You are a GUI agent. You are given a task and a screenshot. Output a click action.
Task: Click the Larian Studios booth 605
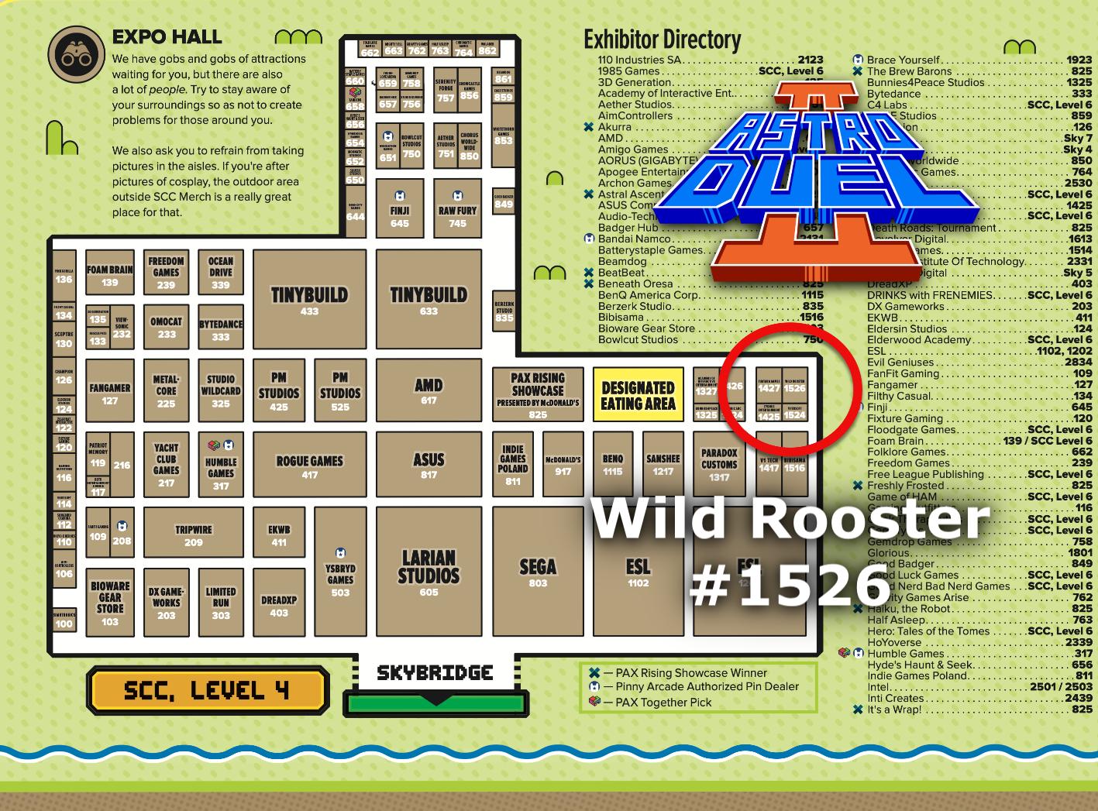[429, 572]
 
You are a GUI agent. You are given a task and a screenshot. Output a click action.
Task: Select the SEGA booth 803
[538, 572]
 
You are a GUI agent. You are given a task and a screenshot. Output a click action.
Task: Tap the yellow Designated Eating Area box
[638, 394]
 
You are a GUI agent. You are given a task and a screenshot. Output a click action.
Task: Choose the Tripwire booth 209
[193, 534]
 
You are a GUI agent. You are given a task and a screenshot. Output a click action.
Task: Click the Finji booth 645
[400, 209]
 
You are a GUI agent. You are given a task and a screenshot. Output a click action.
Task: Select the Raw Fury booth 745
[457, 209]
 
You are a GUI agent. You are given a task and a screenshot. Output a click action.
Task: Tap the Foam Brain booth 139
[110, 274]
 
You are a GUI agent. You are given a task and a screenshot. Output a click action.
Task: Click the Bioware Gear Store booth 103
[110, 602]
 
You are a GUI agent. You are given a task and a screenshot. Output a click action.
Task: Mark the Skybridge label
[435, 673]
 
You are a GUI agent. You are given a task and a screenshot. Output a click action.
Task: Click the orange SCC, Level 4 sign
[207, 690]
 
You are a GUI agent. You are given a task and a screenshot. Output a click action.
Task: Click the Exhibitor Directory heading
[662, 39]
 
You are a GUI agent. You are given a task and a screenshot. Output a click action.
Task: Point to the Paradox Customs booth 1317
[719, 463]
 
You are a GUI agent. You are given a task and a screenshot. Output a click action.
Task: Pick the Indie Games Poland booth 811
[513, 463]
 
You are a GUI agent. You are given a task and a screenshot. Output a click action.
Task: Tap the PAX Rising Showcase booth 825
[538, 394]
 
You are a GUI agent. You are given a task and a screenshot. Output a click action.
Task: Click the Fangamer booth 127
[110, 393]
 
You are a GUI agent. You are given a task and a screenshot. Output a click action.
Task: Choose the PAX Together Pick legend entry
[663, 703]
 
